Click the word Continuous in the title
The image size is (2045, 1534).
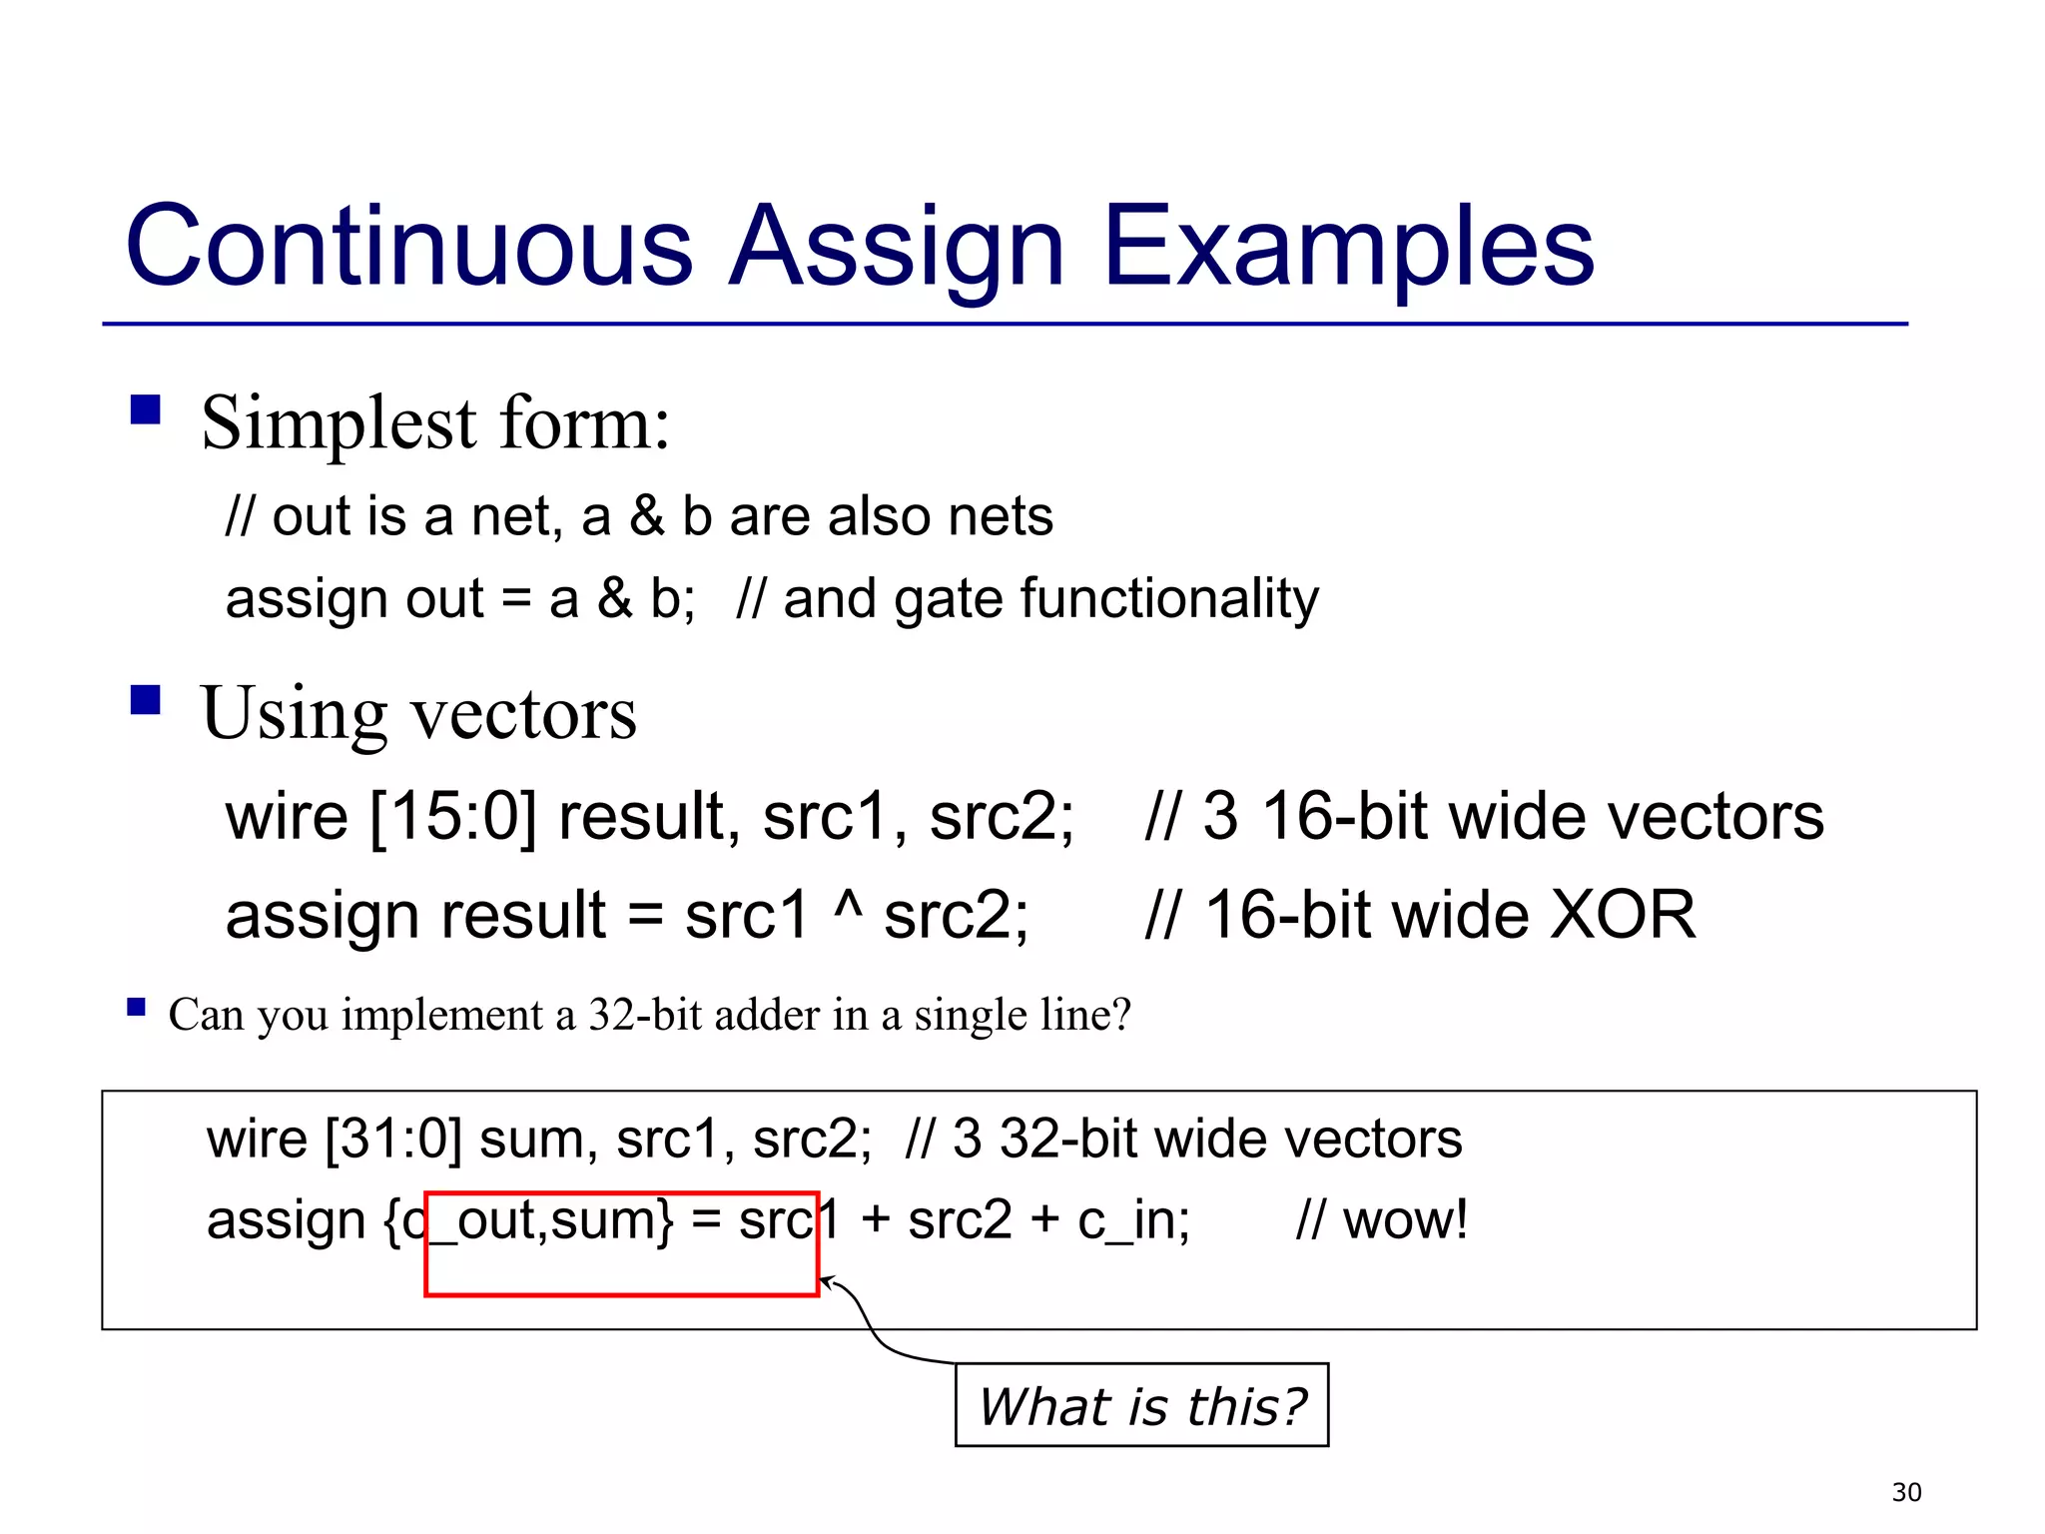[x=408, y=246]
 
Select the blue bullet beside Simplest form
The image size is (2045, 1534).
[x=146, y=409]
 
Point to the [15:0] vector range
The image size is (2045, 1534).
[x=453, y=817]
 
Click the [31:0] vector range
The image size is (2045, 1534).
[x=394, y=1139]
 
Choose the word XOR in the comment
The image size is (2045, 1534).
[x=1622, y=915]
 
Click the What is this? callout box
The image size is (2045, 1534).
[x=1141, y=1405]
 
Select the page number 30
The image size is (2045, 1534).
[x=1906, y=1492]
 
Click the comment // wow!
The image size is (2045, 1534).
[x=1382, y=1220]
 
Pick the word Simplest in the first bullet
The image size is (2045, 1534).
[x=340, y=423]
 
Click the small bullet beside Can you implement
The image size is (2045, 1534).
[x=137, y=1007]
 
